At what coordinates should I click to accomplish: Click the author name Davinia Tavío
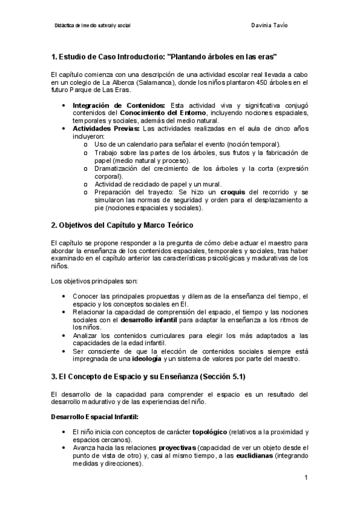pos(267,25)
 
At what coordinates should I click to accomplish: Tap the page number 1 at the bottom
pos(306,478)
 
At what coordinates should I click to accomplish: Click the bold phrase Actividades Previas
pos(106,128)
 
